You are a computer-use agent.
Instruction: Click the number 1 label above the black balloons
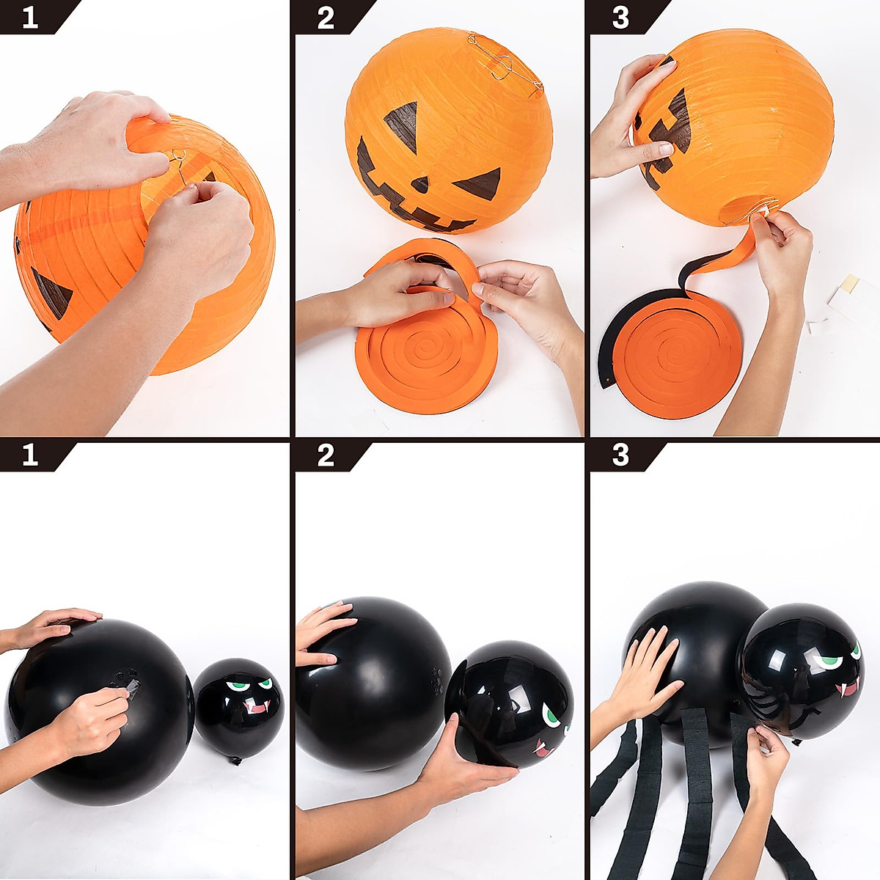pyautogui.click(x=29, y=455)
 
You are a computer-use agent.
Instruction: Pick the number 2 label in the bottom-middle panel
pyautogui.click(x=326, y=455)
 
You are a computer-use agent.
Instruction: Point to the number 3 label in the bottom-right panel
pyautogui.click(x=620, y=455)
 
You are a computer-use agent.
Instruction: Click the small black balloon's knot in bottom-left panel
pyautogui.click(x=236, y=761)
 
